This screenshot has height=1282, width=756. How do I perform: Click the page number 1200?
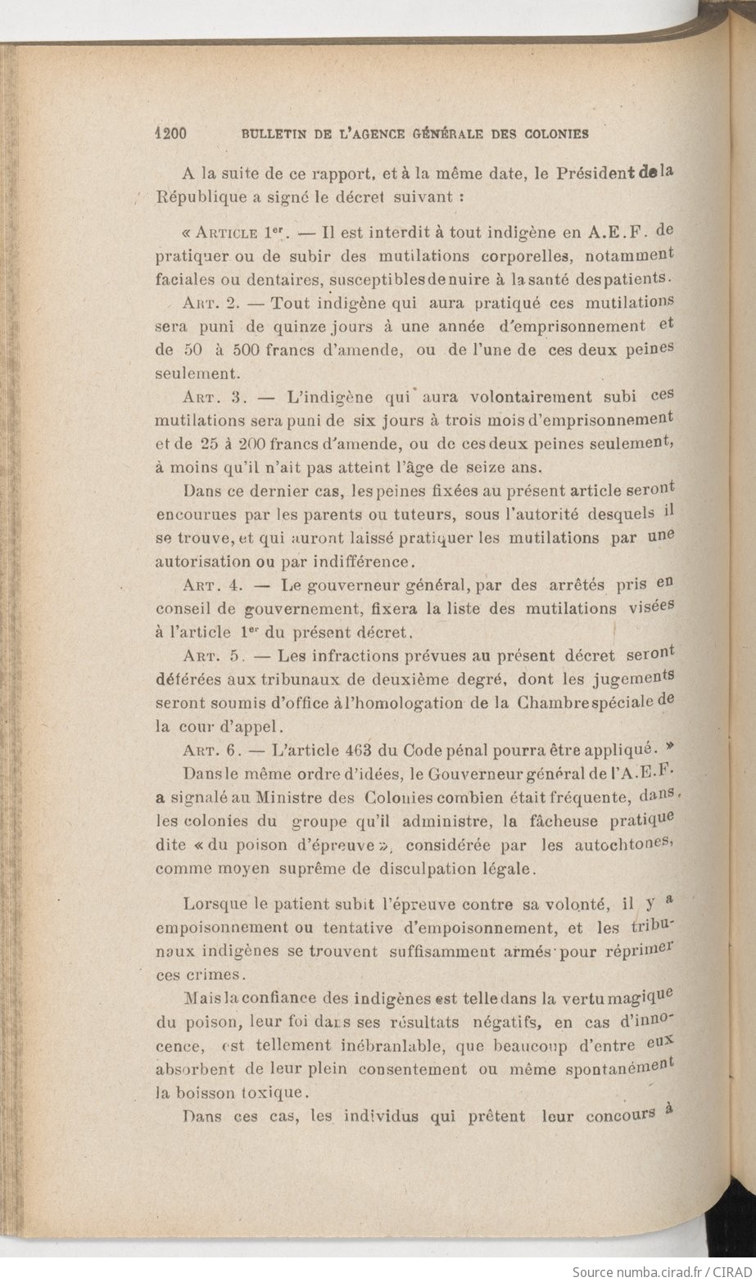pyautogui.click(x=172, y=133)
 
